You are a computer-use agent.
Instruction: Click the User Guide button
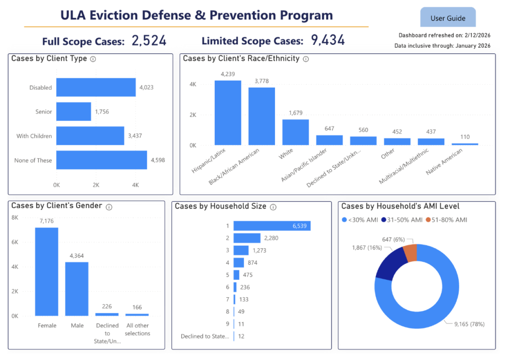(x=448, y=18)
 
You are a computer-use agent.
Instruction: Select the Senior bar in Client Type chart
(x=73, y=112)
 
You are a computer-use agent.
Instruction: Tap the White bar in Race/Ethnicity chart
(x=295, y=132)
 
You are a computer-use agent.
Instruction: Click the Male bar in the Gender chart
(x=77, y=289)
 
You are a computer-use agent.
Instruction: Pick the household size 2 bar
(x=247, y=238)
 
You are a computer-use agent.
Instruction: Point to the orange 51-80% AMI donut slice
(x=410, y=253)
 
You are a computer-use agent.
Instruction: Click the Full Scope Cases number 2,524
(x=149, y=41)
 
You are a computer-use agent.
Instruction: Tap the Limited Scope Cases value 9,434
(x=328, y=40)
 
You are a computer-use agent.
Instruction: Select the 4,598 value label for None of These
(x=157, y=160)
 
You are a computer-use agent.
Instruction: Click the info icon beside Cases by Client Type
(x=93, y=59)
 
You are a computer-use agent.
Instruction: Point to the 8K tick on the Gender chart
(x=15, y=218)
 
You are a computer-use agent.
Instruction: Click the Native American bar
(x=465, y=144)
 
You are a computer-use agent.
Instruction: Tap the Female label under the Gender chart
(x=47, y=326)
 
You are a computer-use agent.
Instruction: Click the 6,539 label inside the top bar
(x=301, y=226)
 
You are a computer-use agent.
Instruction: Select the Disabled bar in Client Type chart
(x=96, y=87)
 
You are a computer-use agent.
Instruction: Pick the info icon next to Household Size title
(x=273, y=207)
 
